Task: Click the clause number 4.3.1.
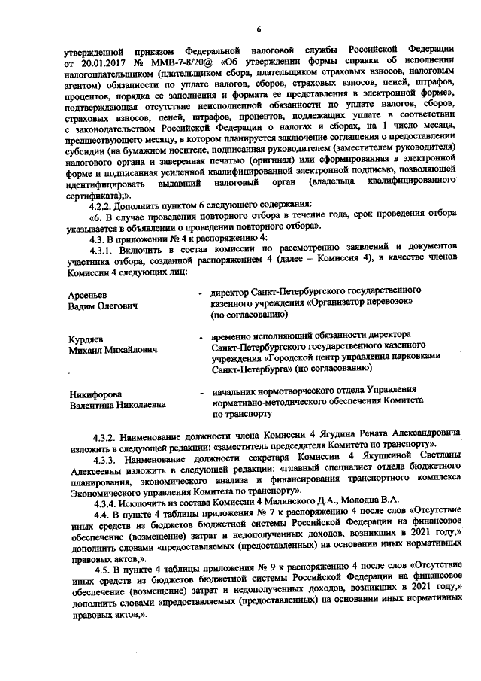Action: point(104,249)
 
